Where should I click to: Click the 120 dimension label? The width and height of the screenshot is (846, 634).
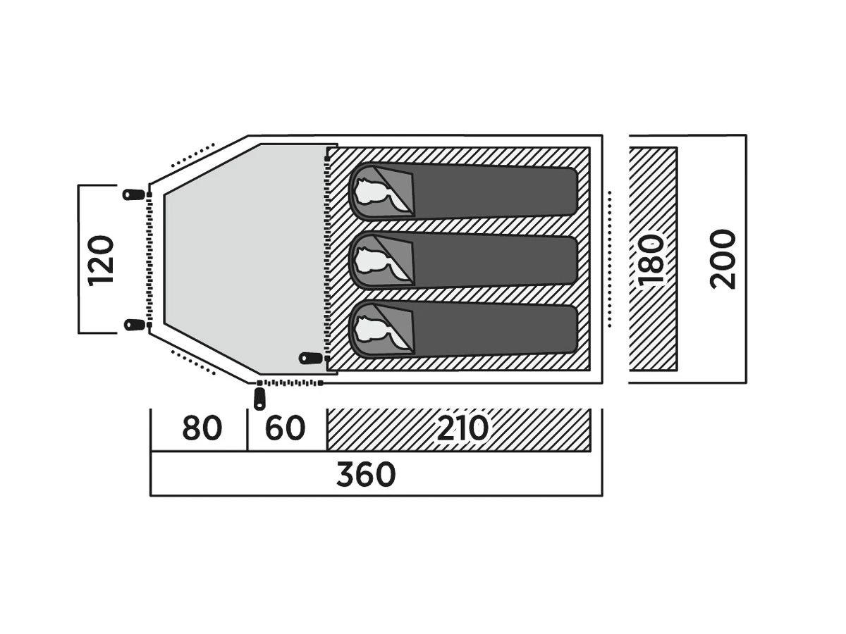click(101, 259)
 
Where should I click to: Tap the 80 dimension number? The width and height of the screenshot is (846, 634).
click(202, 428)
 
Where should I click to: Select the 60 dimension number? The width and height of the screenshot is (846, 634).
click(286, 428)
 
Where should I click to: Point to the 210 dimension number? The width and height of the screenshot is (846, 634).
click(462, 428)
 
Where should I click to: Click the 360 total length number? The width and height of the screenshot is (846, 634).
click(366, 475)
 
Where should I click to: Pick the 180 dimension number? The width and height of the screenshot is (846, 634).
click(652, 259)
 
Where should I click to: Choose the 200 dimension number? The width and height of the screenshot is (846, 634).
click(723, 259)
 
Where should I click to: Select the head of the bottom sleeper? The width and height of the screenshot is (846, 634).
click(372, 329)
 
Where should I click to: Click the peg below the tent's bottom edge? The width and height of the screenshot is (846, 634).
click(259, 399)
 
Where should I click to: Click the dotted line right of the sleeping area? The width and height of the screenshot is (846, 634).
click(609, 259)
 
